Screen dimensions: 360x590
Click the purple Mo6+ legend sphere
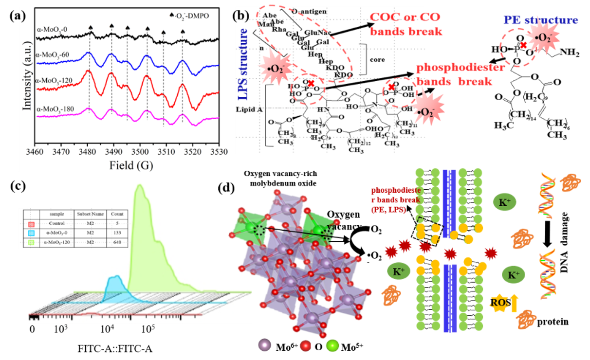(x=266, y=345)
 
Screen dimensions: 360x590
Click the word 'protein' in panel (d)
(x=552, y=322)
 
